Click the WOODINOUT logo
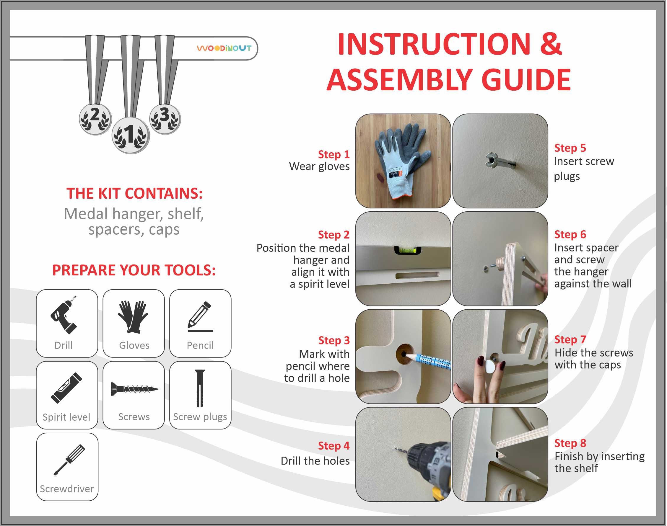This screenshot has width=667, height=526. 224,48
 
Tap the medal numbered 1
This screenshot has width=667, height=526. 130,135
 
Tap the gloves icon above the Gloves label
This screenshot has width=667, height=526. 133,317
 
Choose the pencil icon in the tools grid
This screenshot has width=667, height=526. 200,317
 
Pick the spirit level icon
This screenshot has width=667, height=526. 66,388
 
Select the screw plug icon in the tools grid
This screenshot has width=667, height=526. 199,388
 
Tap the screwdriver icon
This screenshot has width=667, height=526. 69,460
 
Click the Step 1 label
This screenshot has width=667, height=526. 334,154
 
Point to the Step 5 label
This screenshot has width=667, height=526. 570,148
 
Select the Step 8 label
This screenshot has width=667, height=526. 570,443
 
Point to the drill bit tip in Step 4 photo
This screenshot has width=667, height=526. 395,449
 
